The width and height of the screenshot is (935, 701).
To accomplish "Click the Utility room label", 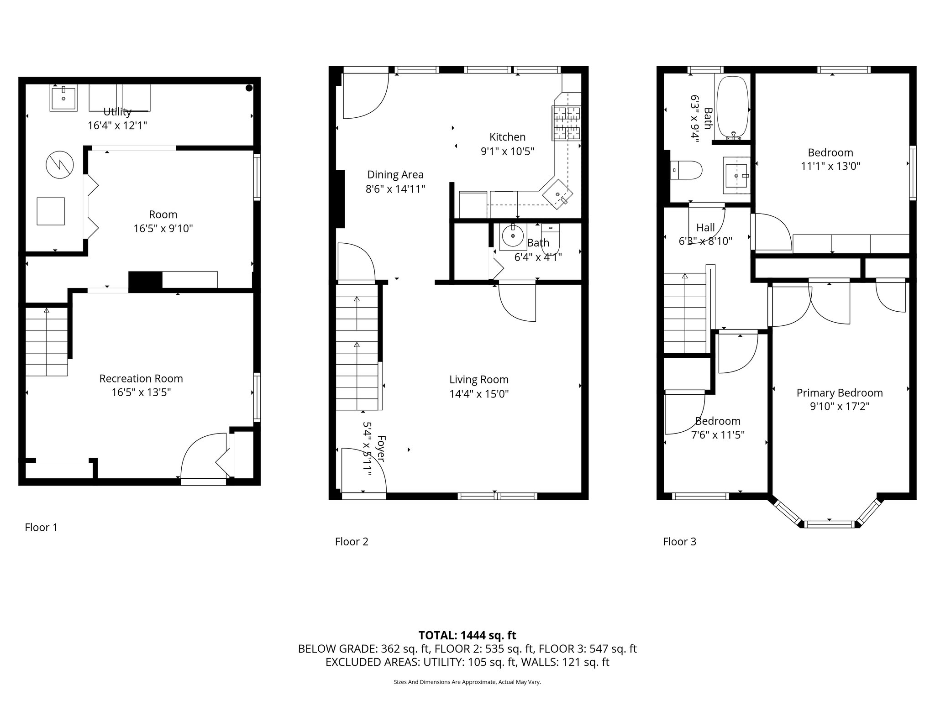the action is click(117, 112).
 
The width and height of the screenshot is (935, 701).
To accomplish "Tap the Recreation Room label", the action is click(141, 379).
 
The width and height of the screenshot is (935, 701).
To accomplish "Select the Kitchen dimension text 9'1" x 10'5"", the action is click(507, 151).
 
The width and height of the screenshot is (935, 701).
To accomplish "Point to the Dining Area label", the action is click(395, 175).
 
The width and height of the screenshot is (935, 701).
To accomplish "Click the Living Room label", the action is click(479, 380).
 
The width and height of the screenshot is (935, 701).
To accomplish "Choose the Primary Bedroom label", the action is click(840, 393).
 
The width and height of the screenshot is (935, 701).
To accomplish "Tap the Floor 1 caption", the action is click(41, 528).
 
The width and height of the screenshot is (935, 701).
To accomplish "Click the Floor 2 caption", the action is click(352, 542).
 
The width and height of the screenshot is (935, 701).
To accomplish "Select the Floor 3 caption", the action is click(679, 542).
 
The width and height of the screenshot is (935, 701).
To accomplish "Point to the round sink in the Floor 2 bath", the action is click(513, 236).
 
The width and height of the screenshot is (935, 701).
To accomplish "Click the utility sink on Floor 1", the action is click(63, 98).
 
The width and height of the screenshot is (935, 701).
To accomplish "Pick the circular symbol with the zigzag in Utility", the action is click(59, 165).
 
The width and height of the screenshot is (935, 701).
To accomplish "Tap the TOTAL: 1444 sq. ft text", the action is click(467, 635).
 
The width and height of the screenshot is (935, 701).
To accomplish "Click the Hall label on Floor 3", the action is click(705, 227).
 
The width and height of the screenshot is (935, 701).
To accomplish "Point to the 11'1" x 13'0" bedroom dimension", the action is click(830, 166).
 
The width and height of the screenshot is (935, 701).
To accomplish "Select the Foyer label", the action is click(380, 449).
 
